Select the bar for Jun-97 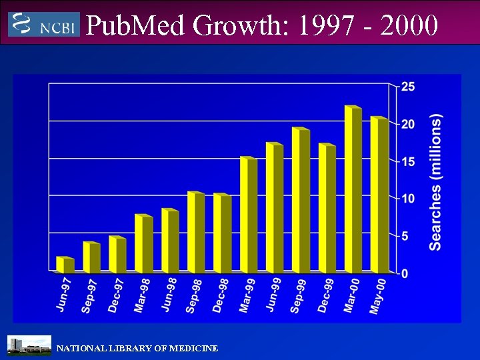click(65, 265)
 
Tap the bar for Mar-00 click(353, 189)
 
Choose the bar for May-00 click(379, 195)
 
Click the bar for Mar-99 click(248, 215)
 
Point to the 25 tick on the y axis click(407, 87)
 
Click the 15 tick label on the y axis click(407, 161)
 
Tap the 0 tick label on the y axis click(404, 273)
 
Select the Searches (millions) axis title click(436, 182)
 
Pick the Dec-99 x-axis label click(327, 294)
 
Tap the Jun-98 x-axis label click(169, 294)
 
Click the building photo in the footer click(29, 346)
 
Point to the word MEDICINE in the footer click(193, 349)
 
